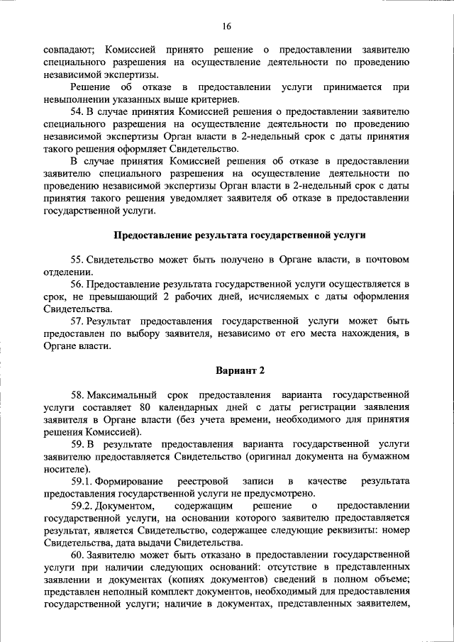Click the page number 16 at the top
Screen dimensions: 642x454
(226, 26)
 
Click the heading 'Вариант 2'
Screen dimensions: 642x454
(240, 371)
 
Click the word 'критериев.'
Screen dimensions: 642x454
(210, 99)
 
